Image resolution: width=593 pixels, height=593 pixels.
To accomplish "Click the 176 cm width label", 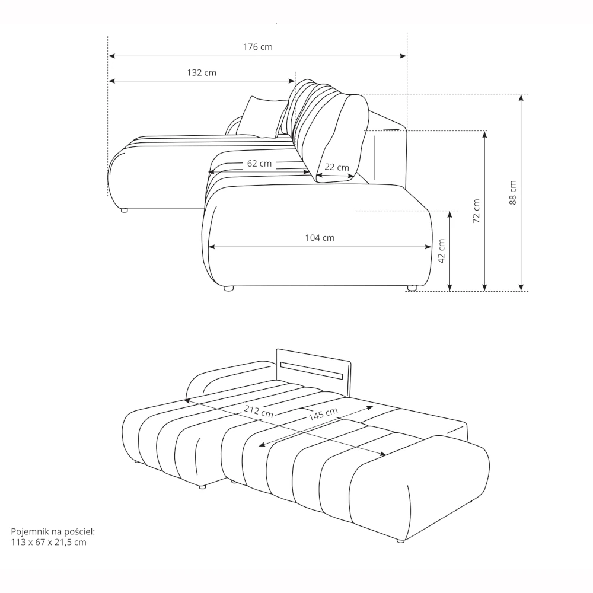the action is click(x=257, y=47).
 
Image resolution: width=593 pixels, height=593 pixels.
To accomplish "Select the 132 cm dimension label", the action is click(x=202, y=72).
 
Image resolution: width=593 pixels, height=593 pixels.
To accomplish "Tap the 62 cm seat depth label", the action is click(x=260, y=164).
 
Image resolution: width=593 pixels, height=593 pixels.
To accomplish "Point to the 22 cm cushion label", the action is click(x=337, y=167).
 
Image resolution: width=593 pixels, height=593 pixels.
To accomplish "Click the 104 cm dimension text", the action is click(x=320, y=238).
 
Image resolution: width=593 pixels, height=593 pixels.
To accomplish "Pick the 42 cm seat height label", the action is click(x=441, y=251).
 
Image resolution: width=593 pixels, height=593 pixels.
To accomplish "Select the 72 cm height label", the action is click(x=476, y=211).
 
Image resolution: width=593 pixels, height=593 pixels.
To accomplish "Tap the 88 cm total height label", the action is click(x=512, y=193).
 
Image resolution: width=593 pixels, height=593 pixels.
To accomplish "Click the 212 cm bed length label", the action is click(x=259, y=411).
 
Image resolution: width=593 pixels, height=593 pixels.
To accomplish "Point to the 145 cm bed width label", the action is click(x=323, y=414).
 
